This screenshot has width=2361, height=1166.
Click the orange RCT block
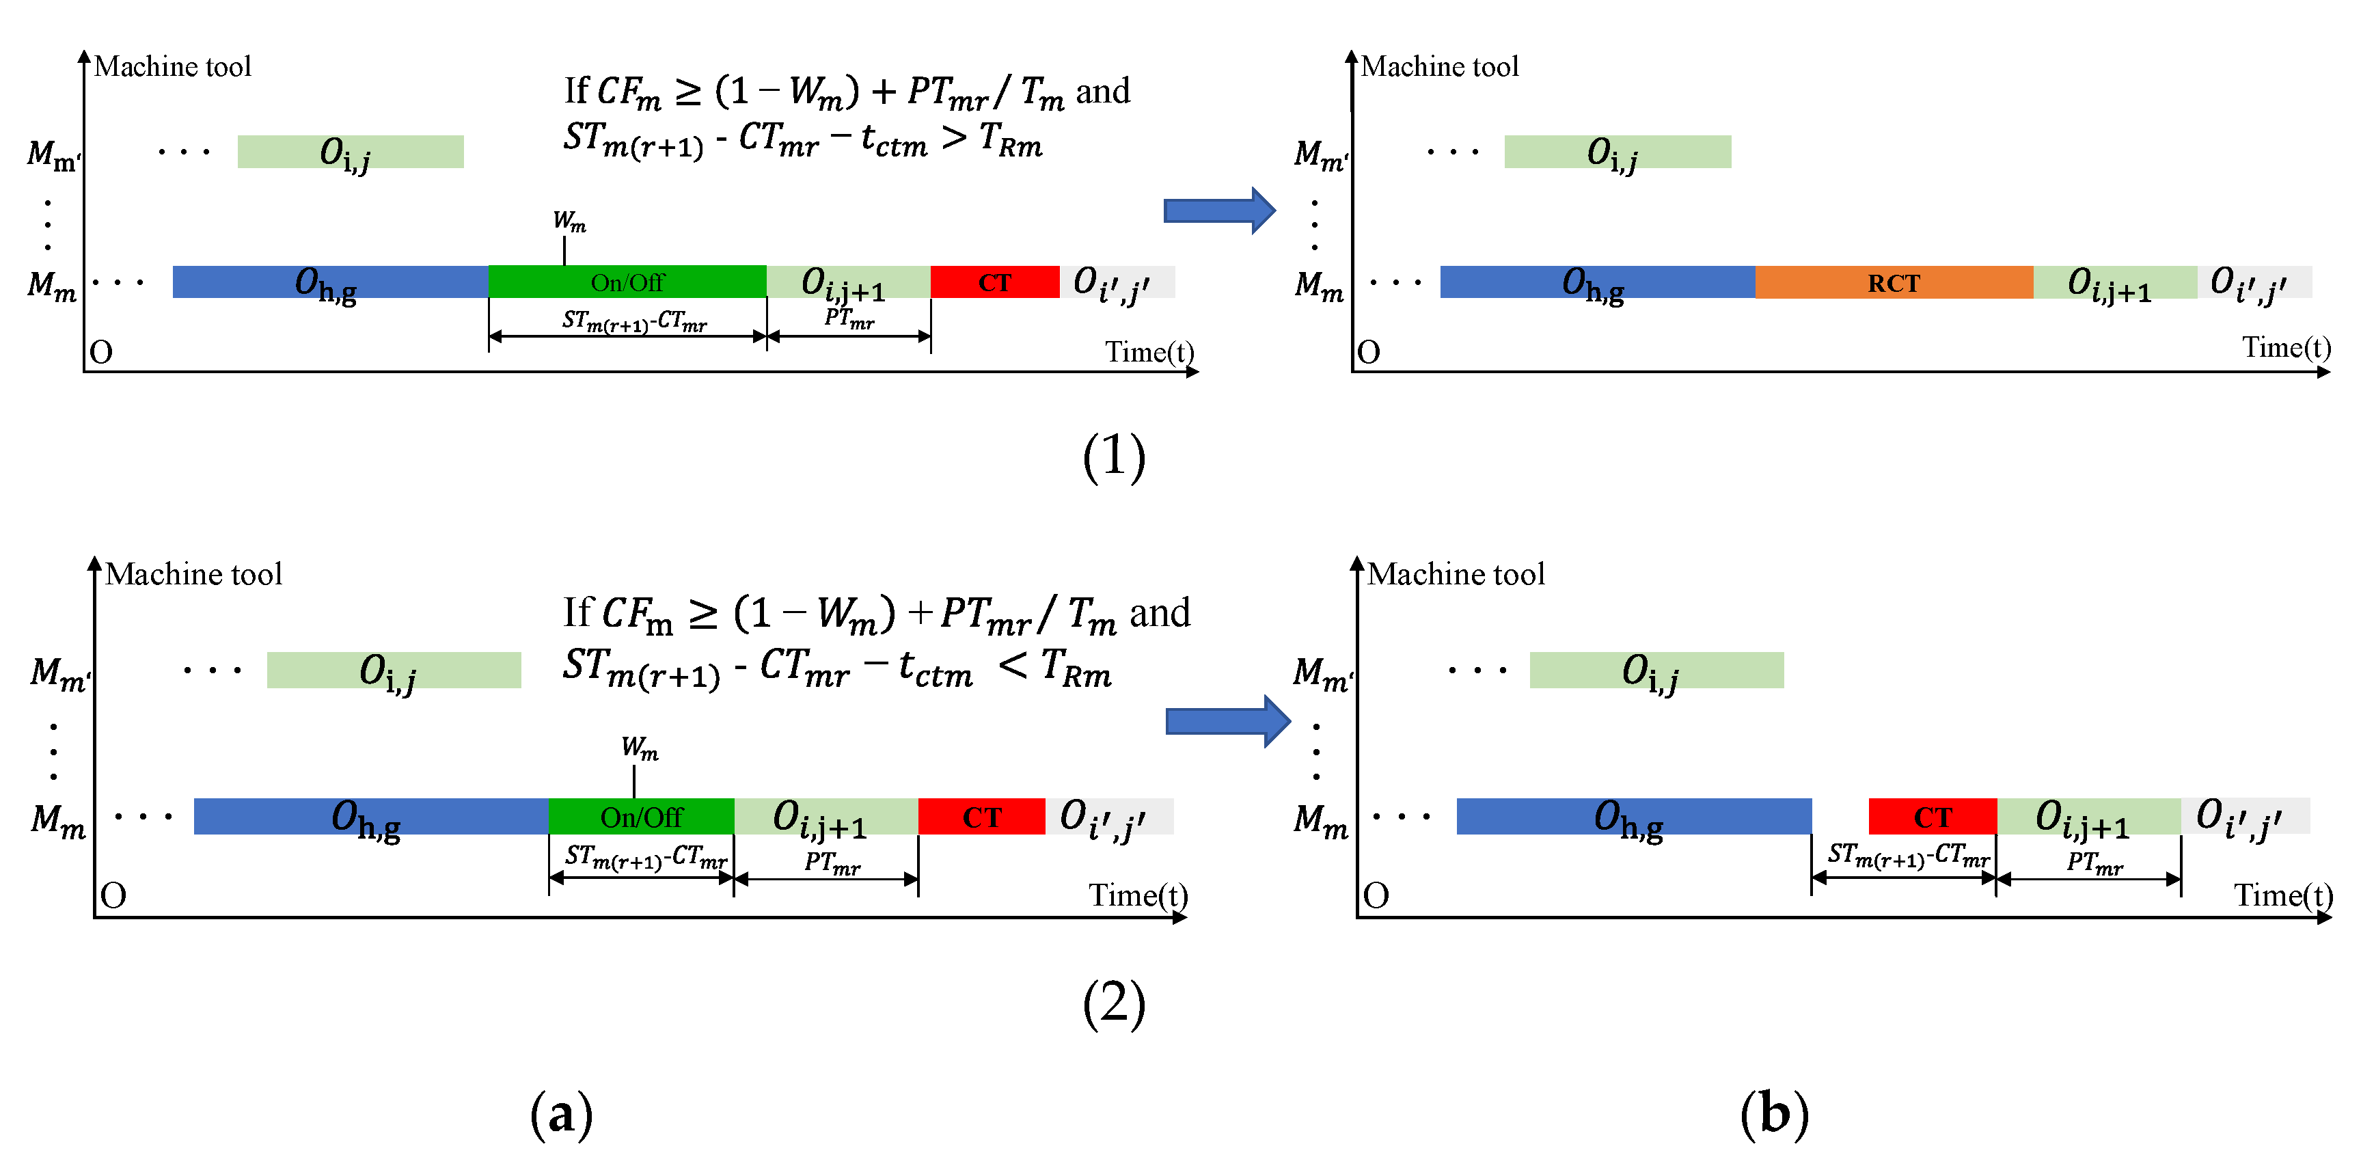pyautogui.click(x=1894, y=282)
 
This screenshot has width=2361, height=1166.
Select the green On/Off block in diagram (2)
pyautogui.click(x=641, y=817)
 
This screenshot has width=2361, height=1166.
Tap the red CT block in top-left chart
pyautogui.click(x=994, y=282)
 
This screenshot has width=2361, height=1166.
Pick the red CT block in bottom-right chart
pyautogui.click(x=1932, y=817)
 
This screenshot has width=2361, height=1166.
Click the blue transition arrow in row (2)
pyautogui.click(x=1227, y=722)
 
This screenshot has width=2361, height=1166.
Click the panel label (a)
pyautogui.click(x=561, y=1114)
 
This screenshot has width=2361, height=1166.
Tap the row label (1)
pyautogui.click(x=1114, y=456)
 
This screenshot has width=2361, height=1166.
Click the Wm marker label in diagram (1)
pyautogui.click(x=569, y=221)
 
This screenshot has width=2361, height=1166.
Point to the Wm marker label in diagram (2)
pyautogui.click(x=640, y=748)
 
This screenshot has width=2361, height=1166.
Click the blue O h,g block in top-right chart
pyautogui.click(x=1596, y=282)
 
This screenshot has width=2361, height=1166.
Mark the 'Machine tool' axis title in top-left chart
pyautogui.click(x=172, y=67)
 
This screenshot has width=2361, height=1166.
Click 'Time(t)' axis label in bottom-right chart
pyautogui.click(x=2282, y=895)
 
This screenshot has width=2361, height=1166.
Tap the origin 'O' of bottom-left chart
pyautogui.click(x=113, y=895)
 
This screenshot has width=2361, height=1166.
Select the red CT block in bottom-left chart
pyautogui.click(x=981, y=817)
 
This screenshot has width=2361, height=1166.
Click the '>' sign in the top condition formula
pyautogui.click(x=954, y=137)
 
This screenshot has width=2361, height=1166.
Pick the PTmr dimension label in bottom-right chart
pyautogui.click(x=2094, y=863)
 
